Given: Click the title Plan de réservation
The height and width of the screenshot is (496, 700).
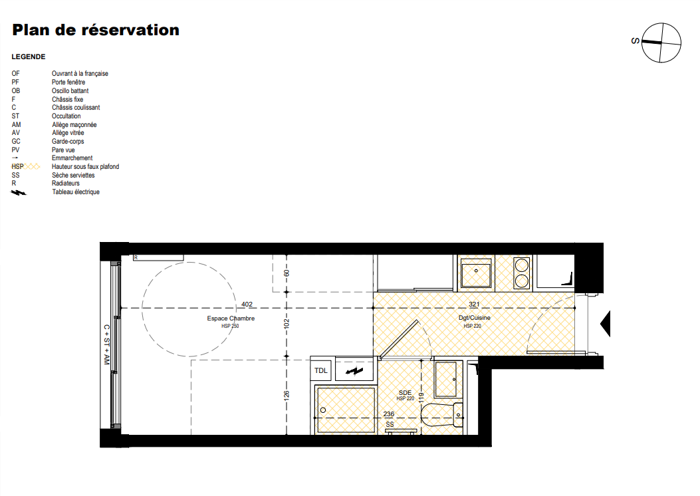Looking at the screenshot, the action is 96,30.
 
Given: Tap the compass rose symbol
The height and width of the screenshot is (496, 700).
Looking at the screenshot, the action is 661,43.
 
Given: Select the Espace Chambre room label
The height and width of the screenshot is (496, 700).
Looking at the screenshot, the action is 231,318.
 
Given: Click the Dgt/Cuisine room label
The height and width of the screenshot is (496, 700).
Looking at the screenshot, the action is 474,318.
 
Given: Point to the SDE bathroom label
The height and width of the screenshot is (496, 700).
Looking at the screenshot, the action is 405,393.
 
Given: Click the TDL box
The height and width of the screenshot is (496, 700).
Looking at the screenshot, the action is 321,370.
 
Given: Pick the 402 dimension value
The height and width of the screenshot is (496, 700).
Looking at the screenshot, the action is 247,305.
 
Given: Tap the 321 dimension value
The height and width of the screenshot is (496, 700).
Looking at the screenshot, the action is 474,305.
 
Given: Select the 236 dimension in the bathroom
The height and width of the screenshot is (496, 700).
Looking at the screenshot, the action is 389,414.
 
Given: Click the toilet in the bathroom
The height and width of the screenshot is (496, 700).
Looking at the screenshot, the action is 442,415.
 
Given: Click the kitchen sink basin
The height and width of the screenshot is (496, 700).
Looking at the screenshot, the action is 476,275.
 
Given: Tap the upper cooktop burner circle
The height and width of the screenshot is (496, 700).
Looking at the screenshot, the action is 521,266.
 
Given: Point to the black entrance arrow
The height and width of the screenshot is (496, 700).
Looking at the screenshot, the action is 606,323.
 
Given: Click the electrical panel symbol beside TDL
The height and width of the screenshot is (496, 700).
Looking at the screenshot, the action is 354,370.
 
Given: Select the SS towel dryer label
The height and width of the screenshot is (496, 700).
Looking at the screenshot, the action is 390,425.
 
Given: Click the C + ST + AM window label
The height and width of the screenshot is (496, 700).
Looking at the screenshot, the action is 106,344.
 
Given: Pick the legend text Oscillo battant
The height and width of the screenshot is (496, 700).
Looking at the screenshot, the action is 70,90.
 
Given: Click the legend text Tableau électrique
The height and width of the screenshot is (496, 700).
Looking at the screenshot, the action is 76,192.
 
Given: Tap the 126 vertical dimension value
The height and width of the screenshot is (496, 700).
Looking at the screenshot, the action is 287,395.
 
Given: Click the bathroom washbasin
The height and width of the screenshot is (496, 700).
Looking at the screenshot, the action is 445,380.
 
